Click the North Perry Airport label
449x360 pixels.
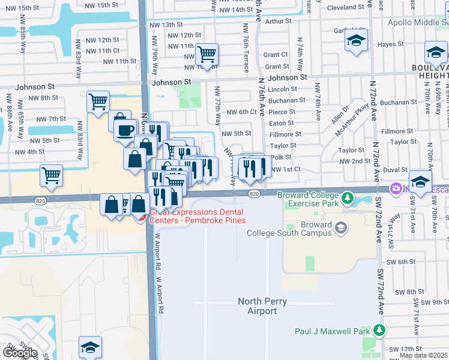click(262, 306)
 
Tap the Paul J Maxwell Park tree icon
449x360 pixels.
click(379, 331)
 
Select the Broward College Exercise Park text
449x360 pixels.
click(307, 200)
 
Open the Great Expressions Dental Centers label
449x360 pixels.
click(196, 215)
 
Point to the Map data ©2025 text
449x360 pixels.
click(423, 355)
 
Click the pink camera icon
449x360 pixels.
click(396, 189)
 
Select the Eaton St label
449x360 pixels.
click(282, 123)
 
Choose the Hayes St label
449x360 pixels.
click(390, 44)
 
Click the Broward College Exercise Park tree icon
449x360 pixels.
click(347, 197)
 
